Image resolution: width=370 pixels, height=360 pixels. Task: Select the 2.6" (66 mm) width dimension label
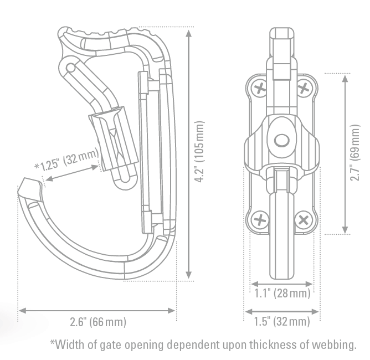click(x=97, y=322)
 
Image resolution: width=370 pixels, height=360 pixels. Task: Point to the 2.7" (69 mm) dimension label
click(x=357, y=153)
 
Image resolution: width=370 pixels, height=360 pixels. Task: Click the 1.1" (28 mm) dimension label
click(x=282, y=293)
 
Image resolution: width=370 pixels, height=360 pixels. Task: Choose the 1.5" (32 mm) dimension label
click(x=282, y=322)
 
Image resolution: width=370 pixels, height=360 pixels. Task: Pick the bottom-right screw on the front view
click(x=304, y=220)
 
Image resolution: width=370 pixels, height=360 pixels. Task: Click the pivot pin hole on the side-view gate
click(x=70, y=68)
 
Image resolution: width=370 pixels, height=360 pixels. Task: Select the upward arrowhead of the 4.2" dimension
click(x=189, y=32)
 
